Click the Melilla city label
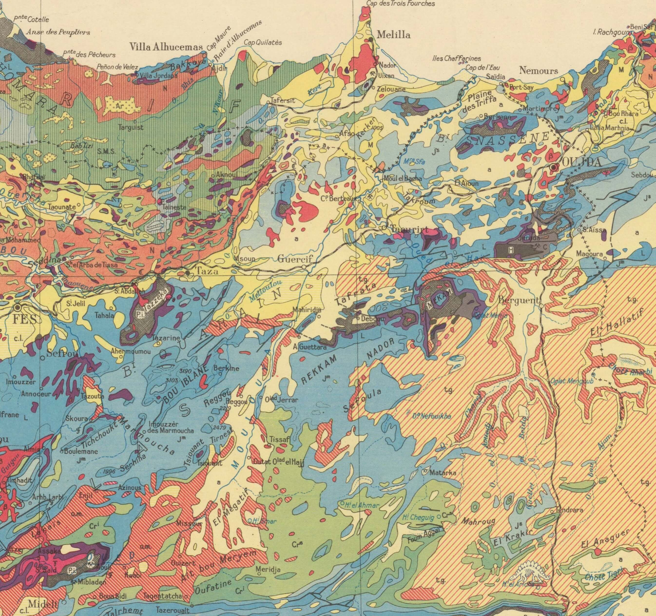pyautogui.click(x=393, y=35)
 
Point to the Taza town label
pyautogui.click(x=207, y=271)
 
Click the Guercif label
pyautogui.click(x=294, y=259)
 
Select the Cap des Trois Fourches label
pyautogui.click(x=400, y=4)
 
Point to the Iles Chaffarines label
pyautogui.click(x=456, y=58)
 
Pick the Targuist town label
pyautogui.click(x=131, y=127)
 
